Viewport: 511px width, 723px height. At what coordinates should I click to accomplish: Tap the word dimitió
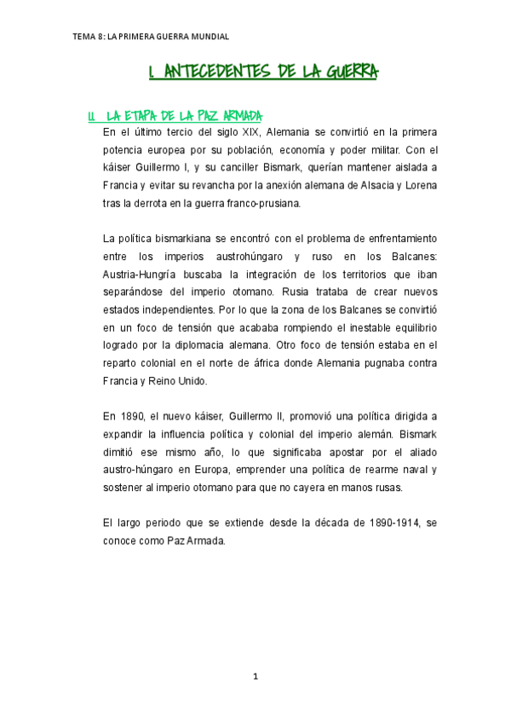coord(121,452)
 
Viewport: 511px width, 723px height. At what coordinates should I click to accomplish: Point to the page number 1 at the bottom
coord(255,677)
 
